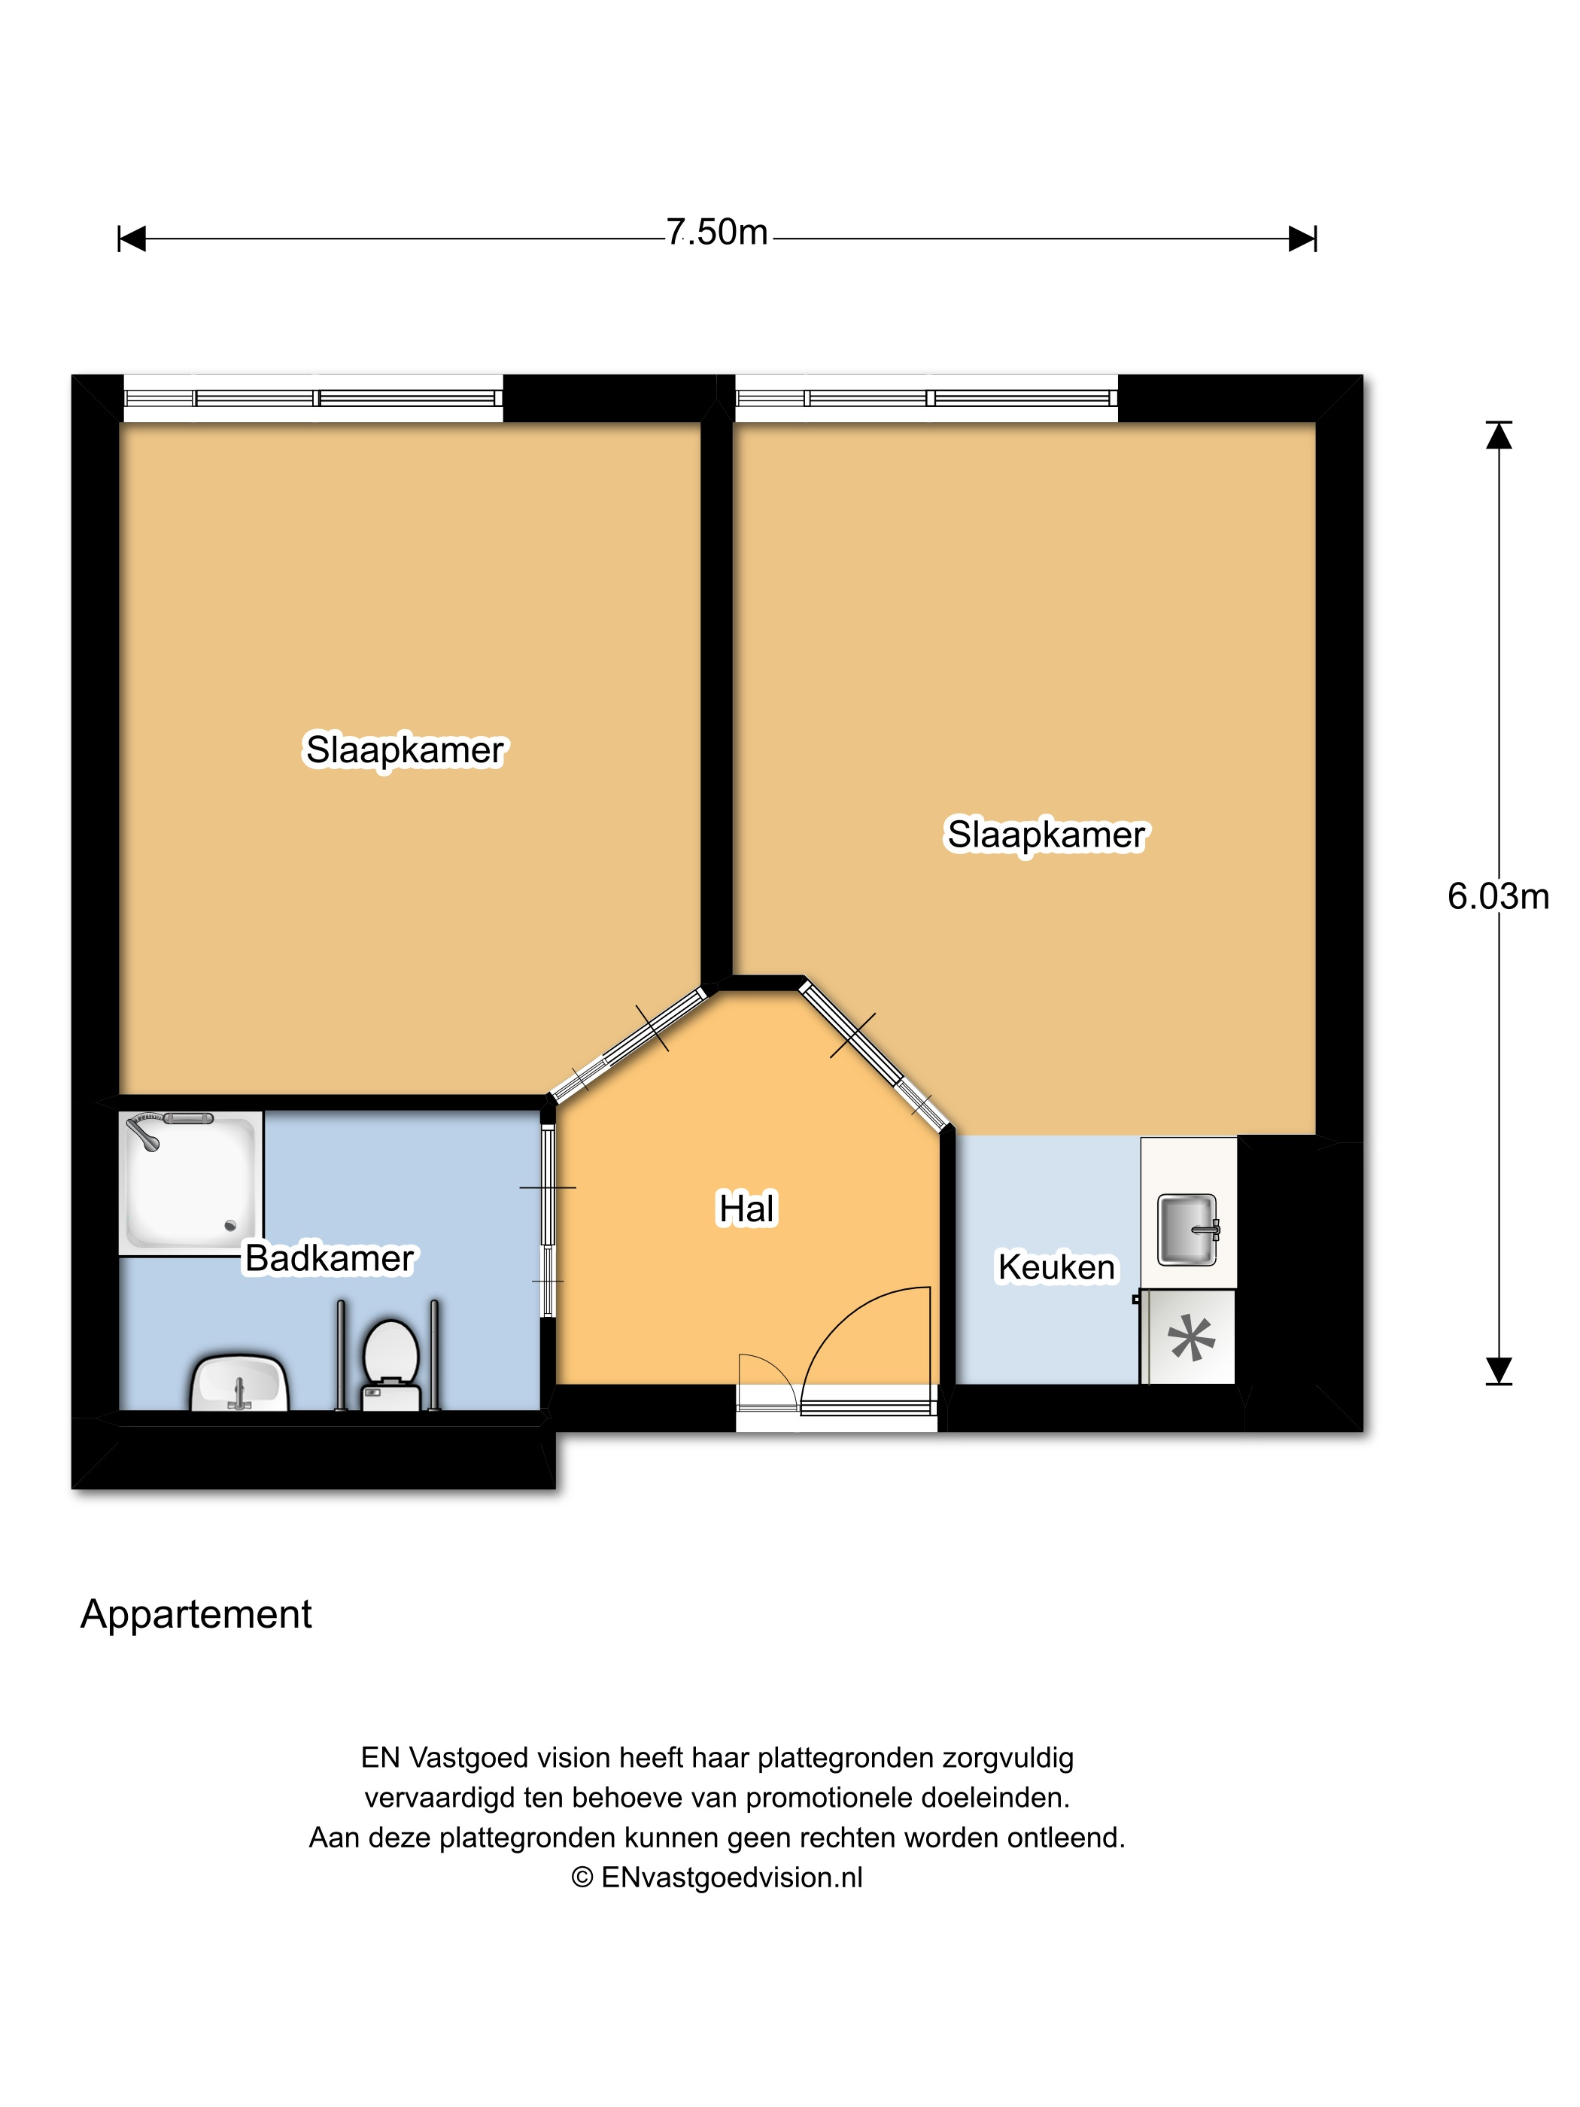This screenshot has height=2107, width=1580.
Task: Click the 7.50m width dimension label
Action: (716, 232)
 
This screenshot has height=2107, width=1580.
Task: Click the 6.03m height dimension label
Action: (1498, 896)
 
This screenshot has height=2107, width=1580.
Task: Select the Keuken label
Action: (1056, 1267)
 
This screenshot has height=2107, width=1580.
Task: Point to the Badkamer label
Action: (330, 1258)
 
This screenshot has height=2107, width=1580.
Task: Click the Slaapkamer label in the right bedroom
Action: (1047, 835)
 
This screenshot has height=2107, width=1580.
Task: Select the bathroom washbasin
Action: (240, 1383)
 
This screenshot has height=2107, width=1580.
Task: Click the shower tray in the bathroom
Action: (191, 1182)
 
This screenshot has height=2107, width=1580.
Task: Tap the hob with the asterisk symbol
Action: (1190, 1337)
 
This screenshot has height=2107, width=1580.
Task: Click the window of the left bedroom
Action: (313, 398)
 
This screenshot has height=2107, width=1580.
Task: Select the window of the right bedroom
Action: (927, 398)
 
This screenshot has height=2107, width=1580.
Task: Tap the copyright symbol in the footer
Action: (582, 1877)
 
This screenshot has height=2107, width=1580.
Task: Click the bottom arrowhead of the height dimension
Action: (1499, 1371)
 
